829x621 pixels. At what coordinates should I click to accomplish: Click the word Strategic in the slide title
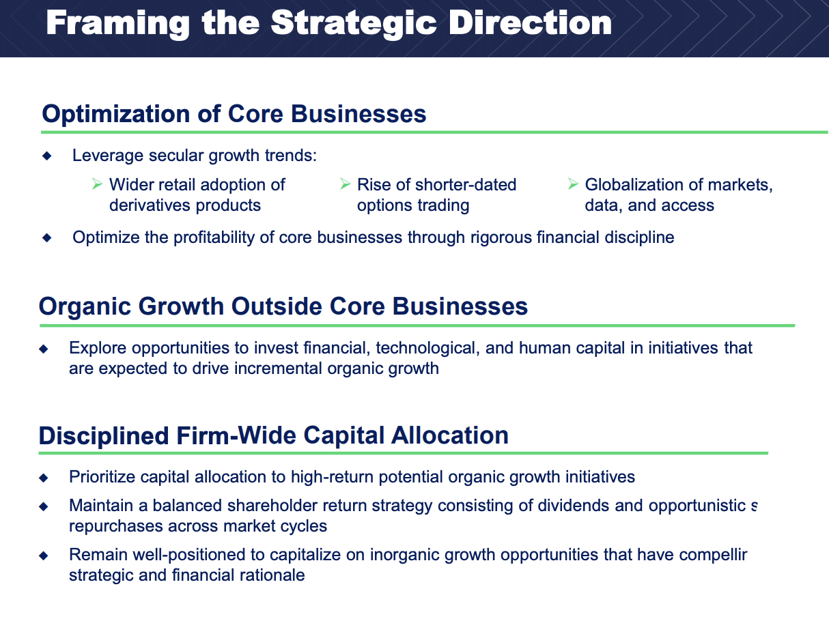[x=354, y=23]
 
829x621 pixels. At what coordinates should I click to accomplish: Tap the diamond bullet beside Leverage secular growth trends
[x=47, y=156]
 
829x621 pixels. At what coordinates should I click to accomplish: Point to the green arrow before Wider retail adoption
[x=97, y=184]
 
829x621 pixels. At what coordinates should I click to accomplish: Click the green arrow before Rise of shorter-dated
[x=346, y=184]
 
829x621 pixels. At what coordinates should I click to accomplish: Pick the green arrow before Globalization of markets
[x=573, y=184]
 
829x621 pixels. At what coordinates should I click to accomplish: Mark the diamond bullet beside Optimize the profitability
[x=47, y=237]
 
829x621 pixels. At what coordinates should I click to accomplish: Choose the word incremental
[x=278, y=369]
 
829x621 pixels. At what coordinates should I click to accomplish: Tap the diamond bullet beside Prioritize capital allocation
[x=44, y=478]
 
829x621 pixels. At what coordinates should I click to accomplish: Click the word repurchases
[x=116, y=527]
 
